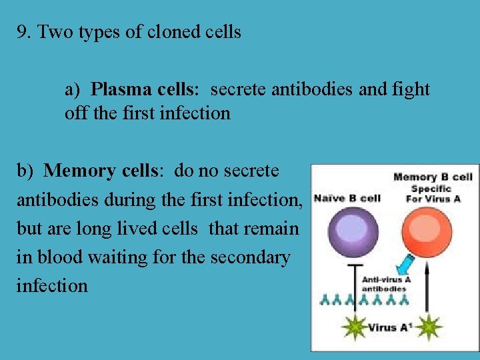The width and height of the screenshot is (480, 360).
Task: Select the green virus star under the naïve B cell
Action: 352,327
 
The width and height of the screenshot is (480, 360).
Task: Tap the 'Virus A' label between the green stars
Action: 387,327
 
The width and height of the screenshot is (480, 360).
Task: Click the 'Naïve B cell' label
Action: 347,198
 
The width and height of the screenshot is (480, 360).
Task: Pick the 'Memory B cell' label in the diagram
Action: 433,177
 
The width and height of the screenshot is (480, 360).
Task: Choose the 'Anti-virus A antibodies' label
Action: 386,284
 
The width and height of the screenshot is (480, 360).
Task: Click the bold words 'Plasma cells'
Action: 141,89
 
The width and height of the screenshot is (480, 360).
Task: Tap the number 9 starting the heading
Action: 22,32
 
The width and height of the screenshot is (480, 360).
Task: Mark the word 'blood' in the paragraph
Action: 57,257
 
